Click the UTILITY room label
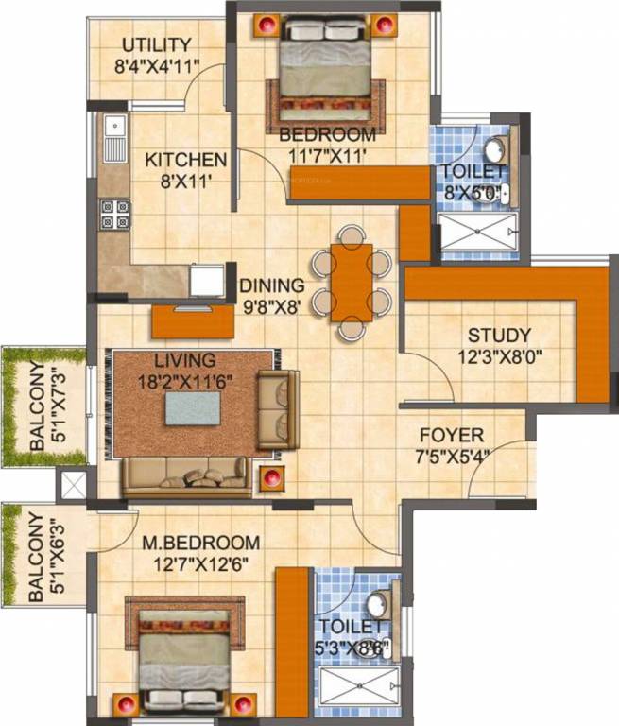click(156, 45)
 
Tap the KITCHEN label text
click(185, 160)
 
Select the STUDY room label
click(499, 336)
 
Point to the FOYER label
click(452, 436)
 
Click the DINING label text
click(271, 285)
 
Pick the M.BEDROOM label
click(200, 543)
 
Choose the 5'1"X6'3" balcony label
click(36, 558)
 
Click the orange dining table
click(352, 282)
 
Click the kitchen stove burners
click(114, 215)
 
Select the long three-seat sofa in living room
click(188, 474)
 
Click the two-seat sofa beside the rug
click(278, 409)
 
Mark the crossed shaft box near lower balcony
click(73, 485)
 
